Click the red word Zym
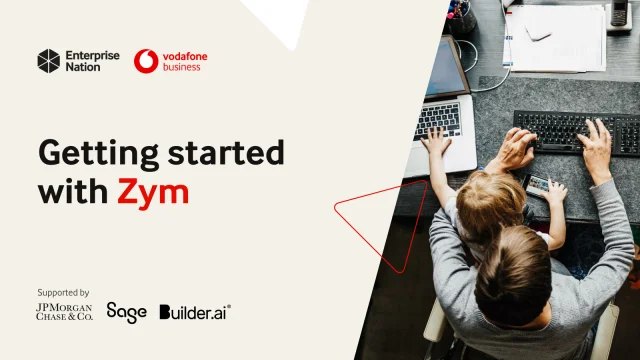pyautogui.click(x=153, y=193)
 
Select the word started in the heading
pyautogui.click(x=226, y=152)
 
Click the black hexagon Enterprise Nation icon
pyautogui.click(x=49, y=61)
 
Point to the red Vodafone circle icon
pyautogui.click(x=146, y=61)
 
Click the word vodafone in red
pyautogui.click(x=185, y=56)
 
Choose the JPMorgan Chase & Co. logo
pyautogui.click(x=64, y=311)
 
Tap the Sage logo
pyautogui.click(x=127, y=313)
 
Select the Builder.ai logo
pyautogui.click(x=195, y=312)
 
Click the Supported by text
pyautogui.click(x=63, y=293)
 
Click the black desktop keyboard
pyautogui.click(x=576, y=133)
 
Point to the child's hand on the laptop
pyautogui.click(x=436, y=140)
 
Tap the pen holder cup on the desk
pyautogui.click(x=461, y=16)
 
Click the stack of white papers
pyautogui.click(x=555, y=38)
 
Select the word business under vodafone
pyautogui.click(x=182, y=67)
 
